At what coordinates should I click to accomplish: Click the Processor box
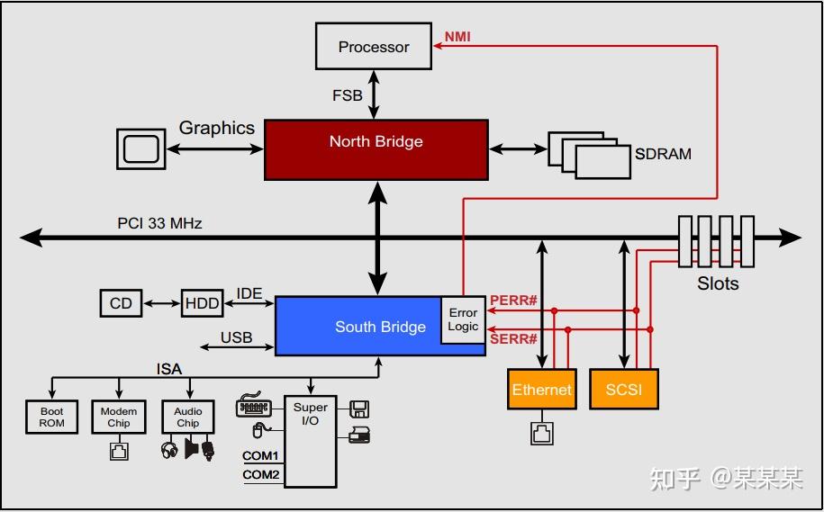pyautogui.click(x=374, y=47)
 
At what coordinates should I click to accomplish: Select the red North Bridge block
pyautogui.click(x=376, y=149)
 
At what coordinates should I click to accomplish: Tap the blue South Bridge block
pyautogui.click(x=360, y=326)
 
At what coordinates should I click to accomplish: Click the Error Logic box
pyautogui.click(x=463, y=319)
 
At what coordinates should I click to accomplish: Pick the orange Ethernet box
pyautogui.click(x=541, y=390)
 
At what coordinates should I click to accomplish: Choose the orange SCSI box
pyautogui.click(x=623, y=390)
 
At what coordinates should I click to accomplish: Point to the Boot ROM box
pyautogui.click(x=51, y=417)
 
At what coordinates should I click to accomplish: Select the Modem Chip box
pyautogui.click(x=119, y=417)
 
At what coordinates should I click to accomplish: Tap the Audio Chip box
pyautogui.click(x=187, y=417)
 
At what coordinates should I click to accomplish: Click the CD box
pyautogui.click(x=121, y=303)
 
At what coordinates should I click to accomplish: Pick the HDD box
pyautogui.click(x=202, y=303)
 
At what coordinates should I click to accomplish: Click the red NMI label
pyautogui.click(x=457, y=38)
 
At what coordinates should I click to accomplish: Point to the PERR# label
pyautogui.click(x=513, y=301)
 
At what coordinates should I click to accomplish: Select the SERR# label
pyautogui.click(x=513, y=339)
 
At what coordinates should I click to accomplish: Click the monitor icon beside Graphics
pyautogui.click(x=140, y=148)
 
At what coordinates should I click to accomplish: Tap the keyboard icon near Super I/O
pyautogui.click(x=254, y=406)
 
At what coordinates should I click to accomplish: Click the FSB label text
pyautogui.click(x=348, y=95)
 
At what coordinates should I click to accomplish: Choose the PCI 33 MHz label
pyautogui.click(x=159, y=223)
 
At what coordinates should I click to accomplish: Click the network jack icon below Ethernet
pyautogui.click(x=541, y=433)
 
